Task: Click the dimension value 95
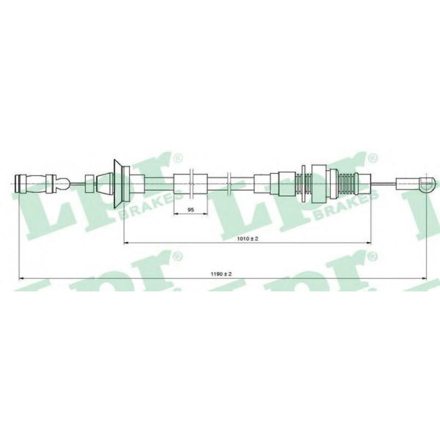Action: click(x=191, y=210)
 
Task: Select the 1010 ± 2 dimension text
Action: click(x=247, y=239)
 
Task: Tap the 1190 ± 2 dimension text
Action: click(x=221, y=274)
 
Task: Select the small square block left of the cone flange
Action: click(x=90, y=184)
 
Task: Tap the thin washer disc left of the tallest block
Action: click(x=303, y=184)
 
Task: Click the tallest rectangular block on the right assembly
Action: click(x=319, y=184)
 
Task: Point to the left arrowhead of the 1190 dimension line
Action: click(x=21, y=279)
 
